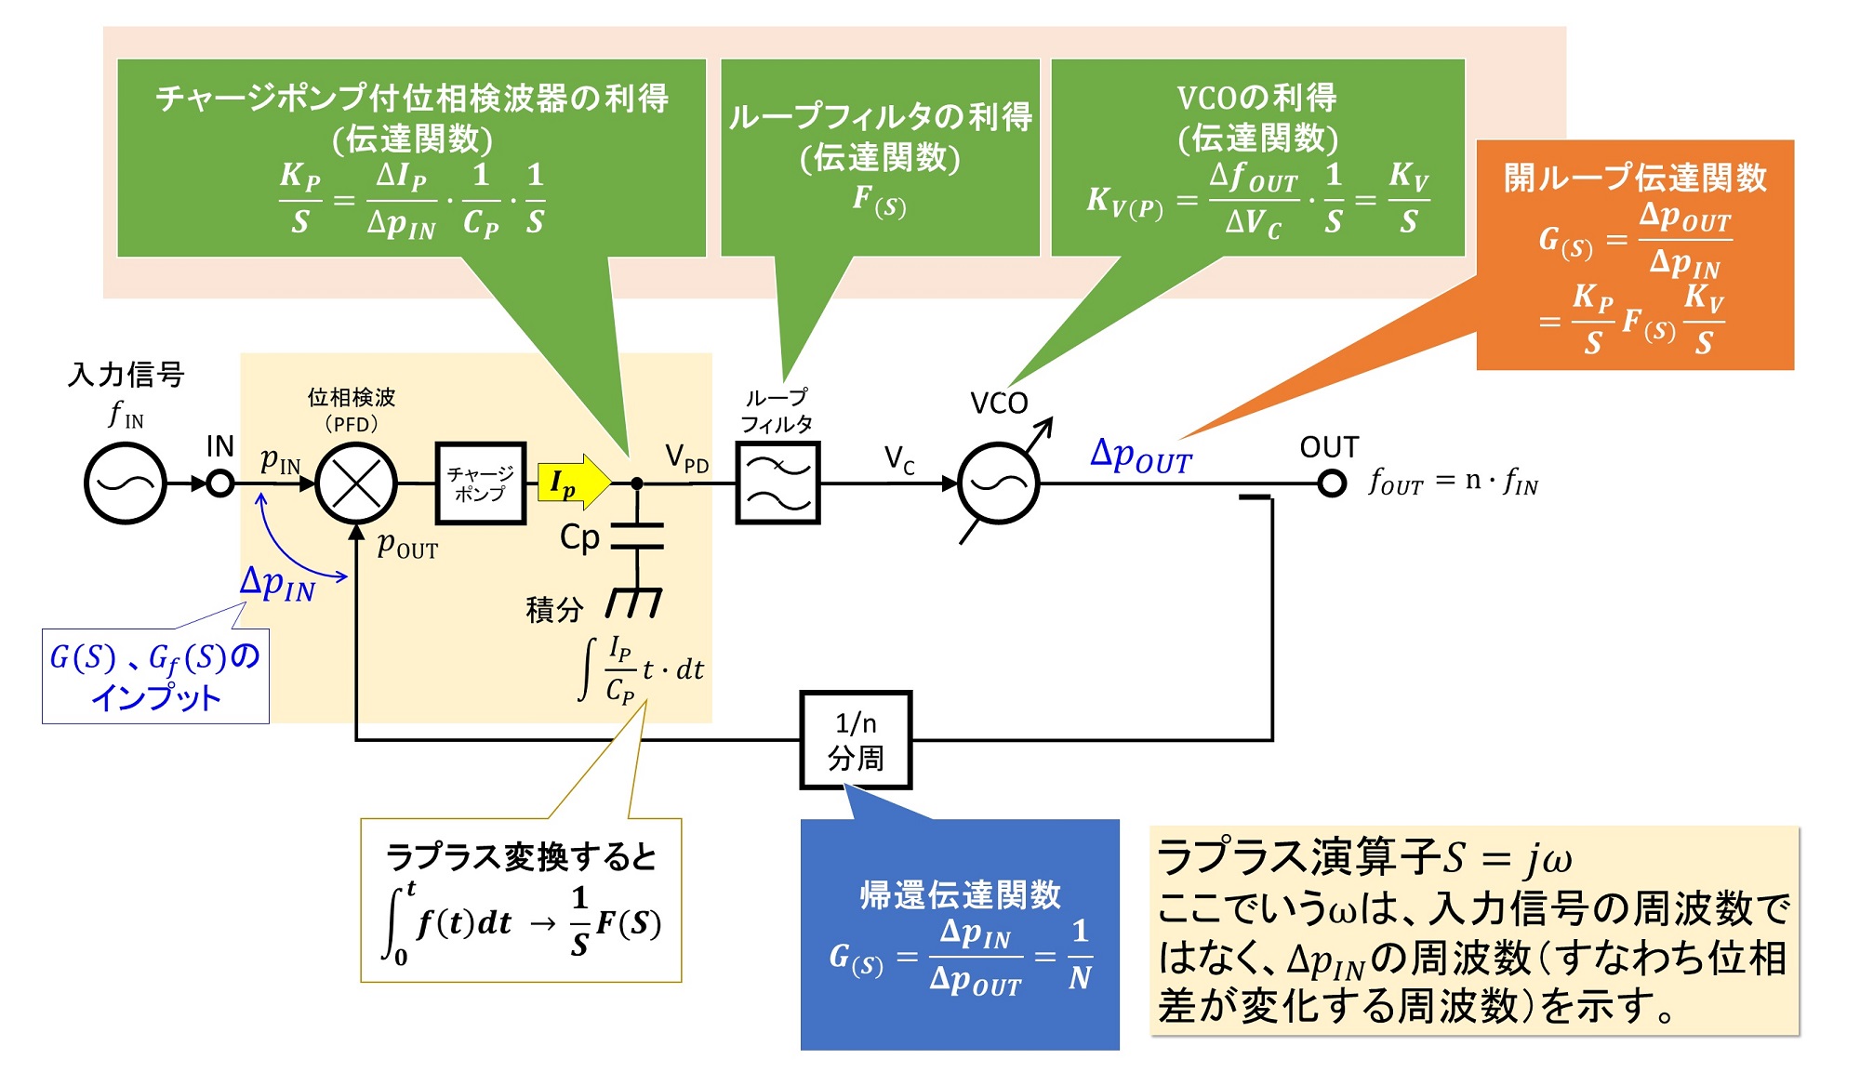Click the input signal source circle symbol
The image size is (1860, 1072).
point(125,483)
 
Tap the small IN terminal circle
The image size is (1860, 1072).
point(220,483)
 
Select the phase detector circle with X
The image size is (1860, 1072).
point(356,483)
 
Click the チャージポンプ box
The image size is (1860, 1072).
point(481,483)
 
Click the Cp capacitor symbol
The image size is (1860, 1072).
point(637,536)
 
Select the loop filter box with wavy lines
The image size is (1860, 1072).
point(777,483)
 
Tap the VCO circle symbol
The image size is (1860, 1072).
point(999,483)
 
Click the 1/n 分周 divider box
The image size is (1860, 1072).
point(856,740)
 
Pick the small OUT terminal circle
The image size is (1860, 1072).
point(1332,483)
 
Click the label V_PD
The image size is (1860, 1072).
point(687,457)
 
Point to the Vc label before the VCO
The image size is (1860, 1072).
point(899,458)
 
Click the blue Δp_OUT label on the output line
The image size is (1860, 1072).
point(1140,456)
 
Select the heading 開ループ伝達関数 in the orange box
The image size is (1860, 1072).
point(1634,177)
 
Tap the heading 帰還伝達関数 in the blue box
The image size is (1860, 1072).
point(960,894)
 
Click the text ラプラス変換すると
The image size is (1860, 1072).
point(521,856)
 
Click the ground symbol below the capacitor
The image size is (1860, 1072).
point(634,602)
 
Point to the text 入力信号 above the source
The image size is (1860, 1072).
point(126,375)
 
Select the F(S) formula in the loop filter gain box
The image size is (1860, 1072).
point(879,201)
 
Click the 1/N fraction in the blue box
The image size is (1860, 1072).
point(1080,955)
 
